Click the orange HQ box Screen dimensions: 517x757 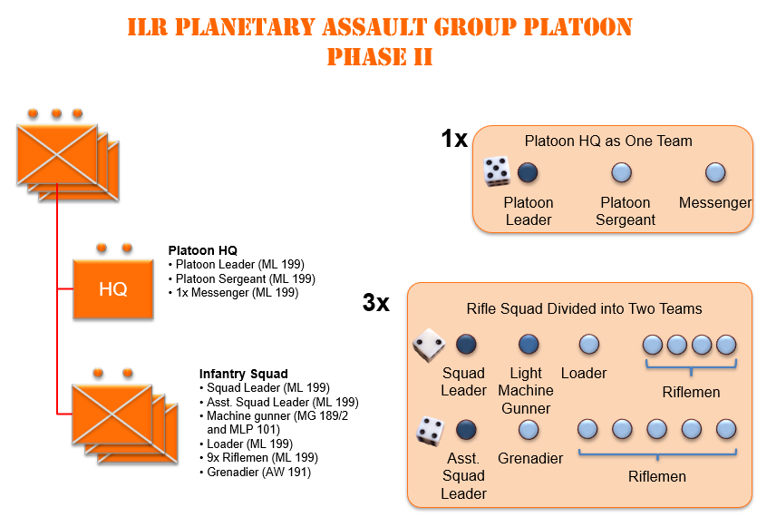[113, 289]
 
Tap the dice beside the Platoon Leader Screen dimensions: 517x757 [496, 171]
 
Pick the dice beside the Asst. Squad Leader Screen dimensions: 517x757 [429, 429]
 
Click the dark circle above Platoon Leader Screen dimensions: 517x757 [528, 171]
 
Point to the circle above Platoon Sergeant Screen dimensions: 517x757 [621, 171]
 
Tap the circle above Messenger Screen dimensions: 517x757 [714, 171]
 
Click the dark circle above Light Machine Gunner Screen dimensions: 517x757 [528, 344]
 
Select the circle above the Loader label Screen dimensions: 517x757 [588, 344]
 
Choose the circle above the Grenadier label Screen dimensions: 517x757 [528, 429]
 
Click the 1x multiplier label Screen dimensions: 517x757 [454, 139]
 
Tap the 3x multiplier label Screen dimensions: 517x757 [376, 303]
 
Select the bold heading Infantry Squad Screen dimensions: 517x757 [243, 374]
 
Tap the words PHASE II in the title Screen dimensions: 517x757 [379, 58]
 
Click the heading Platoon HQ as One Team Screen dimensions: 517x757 [608, 141]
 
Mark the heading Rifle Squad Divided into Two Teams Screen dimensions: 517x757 [584, 308]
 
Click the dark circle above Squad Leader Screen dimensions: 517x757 [466, 344]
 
